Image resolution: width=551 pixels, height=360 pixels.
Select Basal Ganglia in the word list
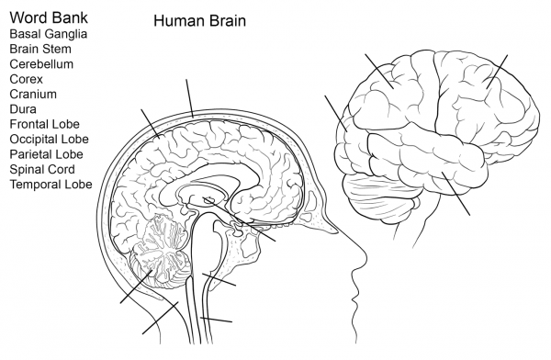coord(49,34)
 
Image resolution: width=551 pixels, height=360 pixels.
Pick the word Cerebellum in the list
coord(41,64)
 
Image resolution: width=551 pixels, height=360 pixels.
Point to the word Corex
coord(27,79)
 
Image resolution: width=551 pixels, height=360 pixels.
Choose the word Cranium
coord(33,95)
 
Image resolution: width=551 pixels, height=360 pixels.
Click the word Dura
coord(24,109)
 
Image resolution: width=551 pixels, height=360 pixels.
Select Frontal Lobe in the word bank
coord(44,124)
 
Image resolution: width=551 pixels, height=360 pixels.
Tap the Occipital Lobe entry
coord(48,140)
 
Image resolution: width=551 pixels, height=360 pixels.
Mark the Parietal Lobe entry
coord(46,154)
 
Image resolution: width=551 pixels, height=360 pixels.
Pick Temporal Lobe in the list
coord(51,185)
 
